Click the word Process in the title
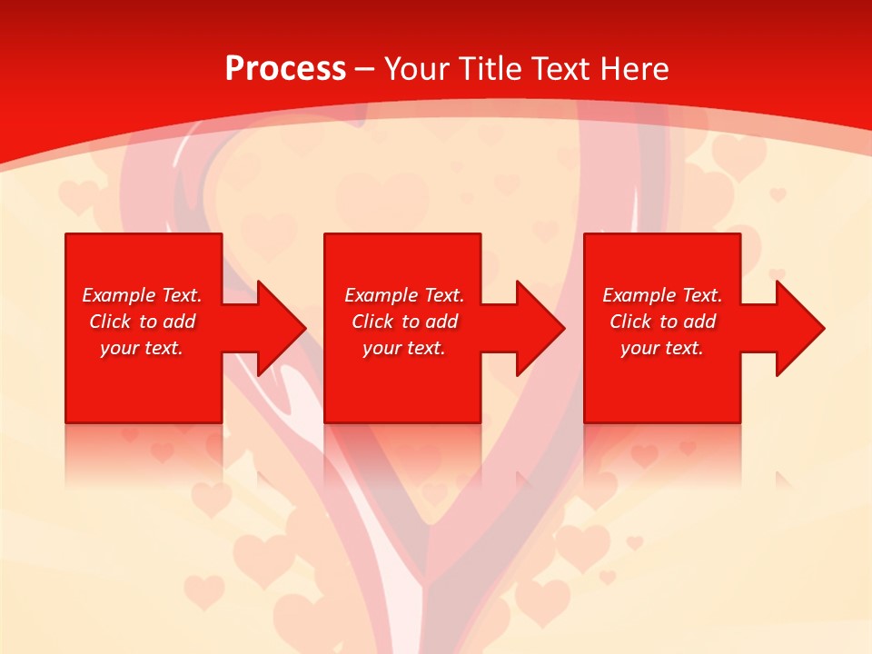point(285,69)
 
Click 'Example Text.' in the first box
point(142,295)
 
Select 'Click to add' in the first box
point(142,322)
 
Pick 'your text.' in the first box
point(142,348)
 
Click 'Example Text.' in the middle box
point(404,295)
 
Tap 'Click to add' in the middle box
point(404,322)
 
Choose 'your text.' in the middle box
point(404,348)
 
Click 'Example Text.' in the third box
point(662,295)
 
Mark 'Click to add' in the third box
point(662,322)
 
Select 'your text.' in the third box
point(662,348)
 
